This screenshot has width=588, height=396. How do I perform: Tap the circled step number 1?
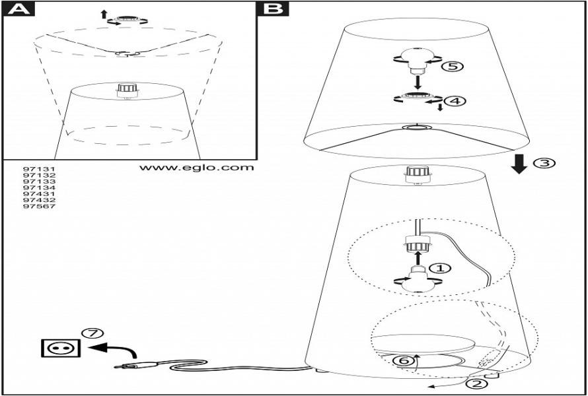click(x=439, y=268)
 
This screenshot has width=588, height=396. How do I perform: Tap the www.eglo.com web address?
click(x=196, y=168)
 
